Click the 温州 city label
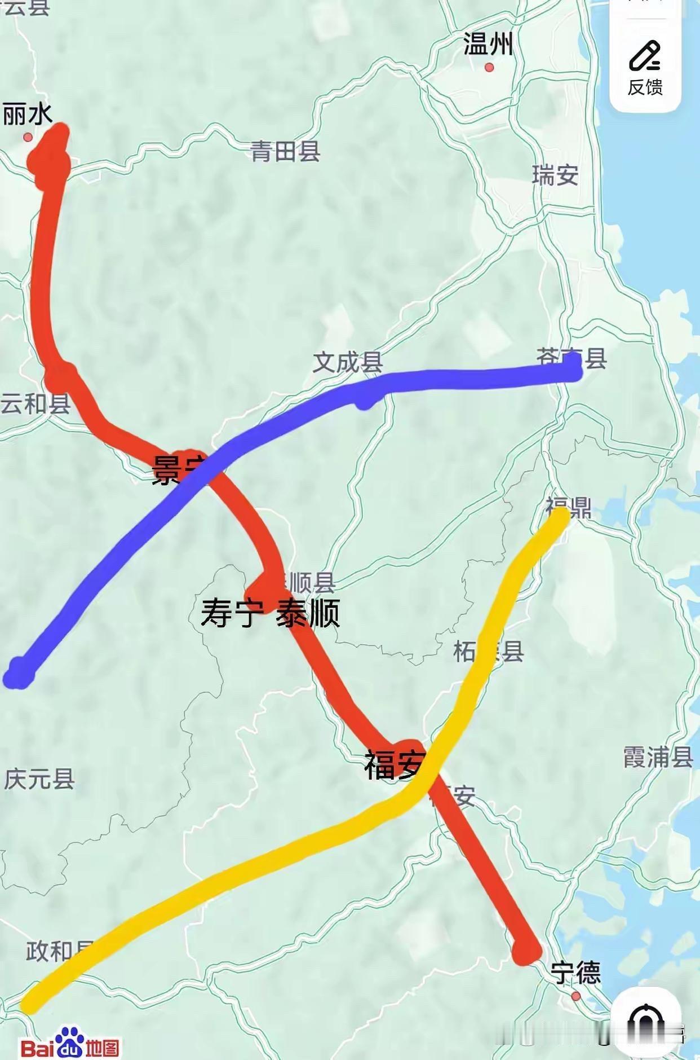coord(488,44)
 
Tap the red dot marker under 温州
coord(489,68)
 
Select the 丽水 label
coord(28,115)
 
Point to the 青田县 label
coord(286,151)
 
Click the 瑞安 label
coord(555,175)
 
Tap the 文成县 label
coord(348,362)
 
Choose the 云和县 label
coord(35,404)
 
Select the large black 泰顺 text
coord(308,614)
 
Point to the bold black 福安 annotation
coord(393,764)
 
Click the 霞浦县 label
coord(657,757)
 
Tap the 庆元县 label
coord(39,779)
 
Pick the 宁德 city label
coord(575,973)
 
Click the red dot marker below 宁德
coord(575,996)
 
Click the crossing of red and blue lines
coord(207,466)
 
